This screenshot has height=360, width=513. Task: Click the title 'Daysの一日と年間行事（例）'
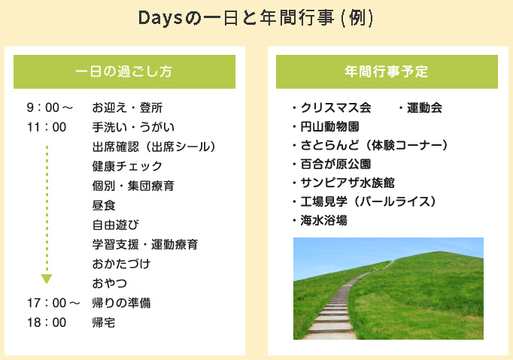pos(256,18)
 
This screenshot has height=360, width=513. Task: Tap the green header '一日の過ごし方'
pos(124,71)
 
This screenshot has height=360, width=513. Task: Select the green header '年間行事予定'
pos(387,71)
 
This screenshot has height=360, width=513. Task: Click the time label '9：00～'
pos(50,107)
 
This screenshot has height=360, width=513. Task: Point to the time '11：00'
pos(47,127)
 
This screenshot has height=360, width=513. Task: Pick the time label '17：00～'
pos(53,303)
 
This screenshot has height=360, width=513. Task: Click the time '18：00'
pos(47,322)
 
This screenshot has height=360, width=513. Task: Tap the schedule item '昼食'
pos(104,205)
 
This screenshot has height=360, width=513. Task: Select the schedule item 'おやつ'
pos(110,283)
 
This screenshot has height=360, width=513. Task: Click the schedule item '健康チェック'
pos(127,166)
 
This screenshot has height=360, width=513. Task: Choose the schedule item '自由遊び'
pos(116,225)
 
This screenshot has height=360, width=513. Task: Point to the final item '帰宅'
pos(104,322)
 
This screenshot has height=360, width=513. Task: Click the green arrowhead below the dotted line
pos(47,279)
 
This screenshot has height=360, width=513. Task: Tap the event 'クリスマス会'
pos(335,107)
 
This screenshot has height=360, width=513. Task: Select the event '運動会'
pos(424,107)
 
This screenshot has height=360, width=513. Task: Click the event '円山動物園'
pos(329,126)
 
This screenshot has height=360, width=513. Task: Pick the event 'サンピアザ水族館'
pos(348,183)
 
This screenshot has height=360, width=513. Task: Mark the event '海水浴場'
pos(324,221)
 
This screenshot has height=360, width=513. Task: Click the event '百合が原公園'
pos(335,164)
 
